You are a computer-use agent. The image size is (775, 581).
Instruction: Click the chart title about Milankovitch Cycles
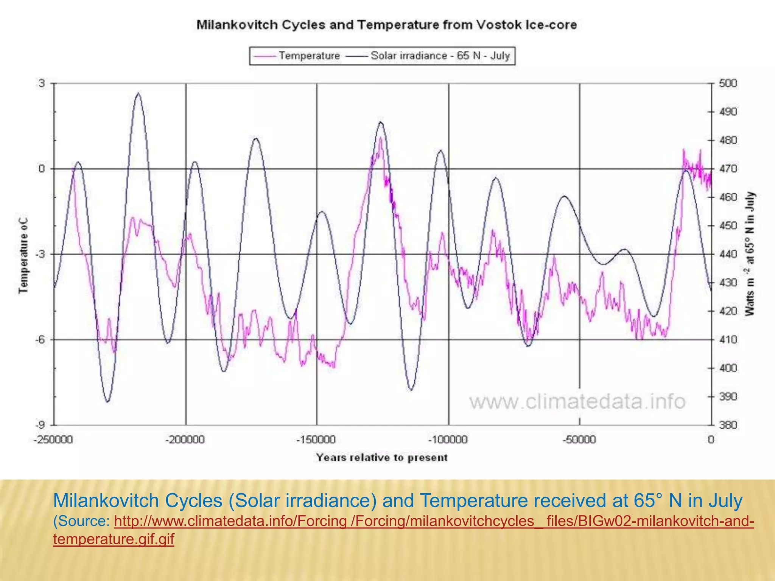(x=386, y=25)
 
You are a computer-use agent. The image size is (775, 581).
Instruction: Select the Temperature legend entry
(x=309, y=56)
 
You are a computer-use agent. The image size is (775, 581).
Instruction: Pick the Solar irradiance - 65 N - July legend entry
(x=440, y=56)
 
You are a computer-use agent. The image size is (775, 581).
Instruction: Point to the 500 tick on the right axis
(x=728, y=83)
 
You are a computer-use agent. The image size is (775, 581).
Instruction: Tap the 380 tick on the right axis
(x=728, y=425)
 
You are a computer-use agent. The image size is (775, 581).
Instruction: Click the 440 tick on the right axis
(x=728, y=254)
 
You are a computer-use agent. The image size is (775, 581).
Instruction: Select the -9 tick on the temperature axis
(x=40, y=425)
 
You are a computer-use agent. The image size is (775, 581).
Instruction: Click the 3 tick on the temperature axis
(x=41, y=83)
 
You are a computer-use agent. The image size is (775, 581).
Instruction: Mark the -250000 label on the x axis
(x=53, y=440)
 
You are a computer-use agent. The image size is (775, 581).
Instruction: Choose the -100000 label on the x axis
(x=448, y=440)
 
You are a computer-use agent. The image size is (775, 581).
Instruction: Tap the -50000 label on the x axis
(x=579, y=440)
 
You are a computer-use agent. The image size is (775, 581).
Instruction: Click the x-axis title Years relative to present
(x=382, y=458)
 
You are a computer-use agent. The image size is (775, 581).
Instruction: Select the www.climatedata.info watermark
(x=577, y=402)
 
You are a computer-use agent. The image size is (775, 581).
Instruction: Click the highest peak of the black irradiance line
(x=139, y=93)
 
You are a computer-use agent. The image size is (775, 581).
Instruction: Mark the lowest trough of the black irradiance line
(x=108, y=402)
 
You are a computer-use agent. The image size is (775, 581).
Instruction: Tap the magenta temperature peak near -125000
(x=381, y=138)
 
